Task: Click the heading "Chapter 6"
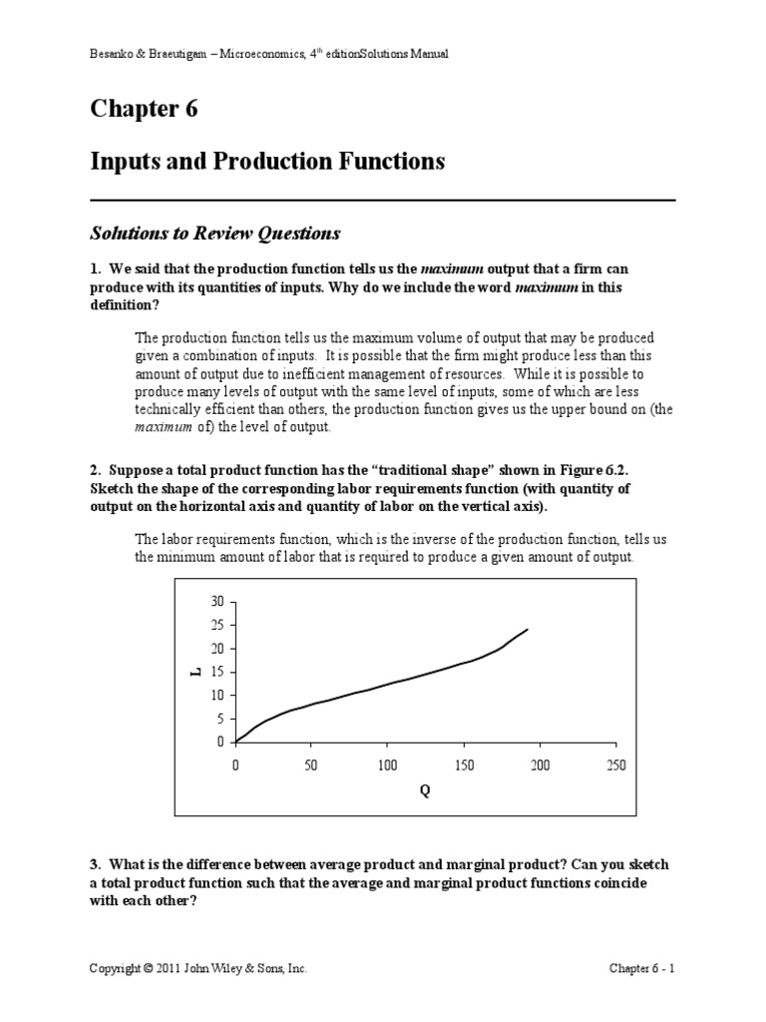pos(144,109)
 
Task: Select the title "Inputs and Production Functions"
pos(267,161)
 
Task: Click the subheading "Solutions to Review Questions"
pos(215,234)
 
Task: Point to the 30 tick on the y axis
pos(217,602)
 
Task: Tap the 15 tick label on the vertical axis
pos(217,672)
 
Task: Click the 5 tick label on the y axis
pos(220,719)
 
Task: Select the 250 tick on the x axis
pos(615,765)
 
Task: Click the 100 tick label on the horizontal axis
pos(388,765)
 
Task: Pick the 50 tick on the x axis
pos(311,765)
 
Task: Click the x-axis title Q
pos(425,789)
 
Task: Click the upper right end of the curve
pos(527,630)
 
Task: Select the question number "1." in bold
pos(95,269)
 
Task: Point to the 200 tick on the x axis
pos(540,765)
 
